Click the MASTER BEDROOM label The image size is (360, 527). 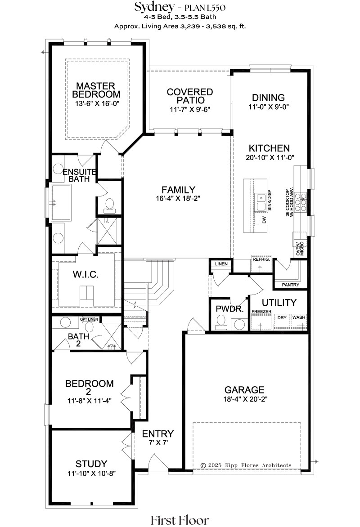pyautogui.click(x=96, y=90)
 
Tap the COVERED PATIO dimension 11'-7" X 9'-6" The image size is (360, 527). pyautogui.click(x=190, y=110)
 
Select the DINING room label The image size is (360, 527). pyautogui.click(x=269, y=98)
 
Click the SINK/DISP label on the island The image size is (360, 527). pyautogui.click(x=269, y=200)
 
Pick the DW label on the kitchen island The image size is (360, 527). pyautogui.click(x=264, y=220)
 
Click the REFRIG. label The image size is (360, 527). pyautogui.click(x=261, y=259)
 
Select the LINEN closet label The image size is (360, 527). pyautogui.click(x=221, y=264)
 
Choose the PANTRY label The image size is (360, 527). pyautogui.click(x=291, y=285)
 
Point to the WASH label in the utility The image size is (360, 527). pyautogui.click(x=299, y=317)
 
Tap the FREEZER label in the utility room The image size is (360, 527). pyautogui.click(x=261, y=312)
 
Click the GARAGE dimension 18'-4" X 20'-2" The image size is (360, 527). pyautogui.click(x=245, y=399)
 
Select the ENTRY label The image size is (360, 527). pyautogui.click(x=158, y=434)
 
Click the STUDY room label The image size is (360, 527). pyautogui.click(x=91, y=464)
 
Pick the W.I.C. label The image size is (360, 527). pyautogui.click(x=86, y=275)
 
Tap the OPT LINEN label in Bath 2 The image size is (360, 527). pyautogui.click(x=89, y=319)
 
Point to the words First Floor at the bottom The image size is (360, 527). pyautogui.click(x=180, y=520)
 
